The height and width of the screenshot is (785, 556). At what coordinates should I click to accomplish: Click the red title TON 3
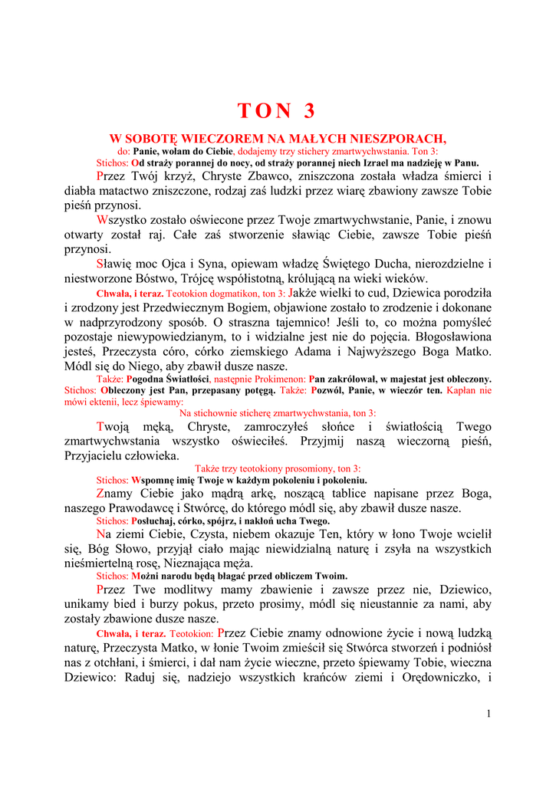[x=276, y=111]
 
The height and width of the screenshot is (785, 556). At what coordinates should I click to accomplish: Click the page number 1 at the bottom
[x=488, y=714]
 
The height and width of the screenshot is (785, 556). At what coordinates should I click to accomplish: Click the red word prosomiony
[x=295, y=468]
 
